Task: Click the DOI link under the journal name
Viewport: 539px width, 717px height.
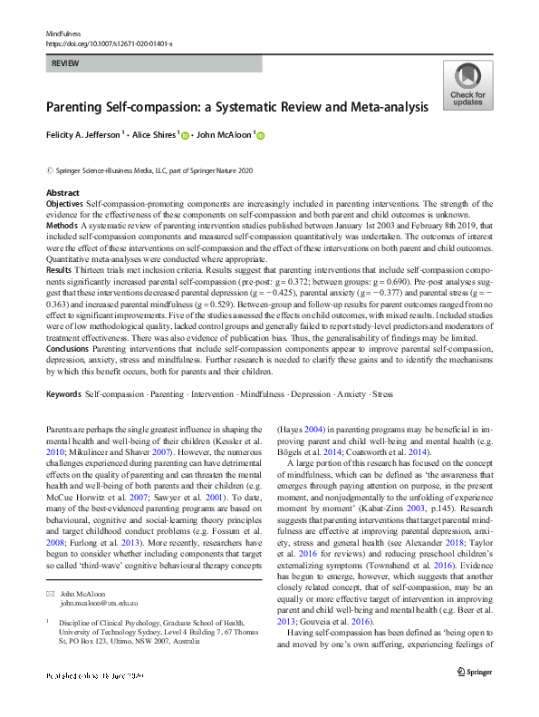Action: click(x=110, y=43)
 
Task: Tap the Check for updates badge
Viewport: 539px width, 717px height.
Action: click(x=467, y=86)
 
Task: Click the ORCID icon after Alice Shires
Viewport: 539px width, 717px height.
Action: click(x=186, y=137)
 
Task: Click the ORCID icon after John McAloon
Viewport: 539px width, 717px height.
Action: click(x=261, y=137)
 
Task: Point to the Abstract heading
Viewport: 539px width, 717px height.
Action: click(x=63, y=193)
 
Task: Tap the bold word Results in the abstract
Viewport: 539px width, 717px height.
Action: click(x=60, y=270)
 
